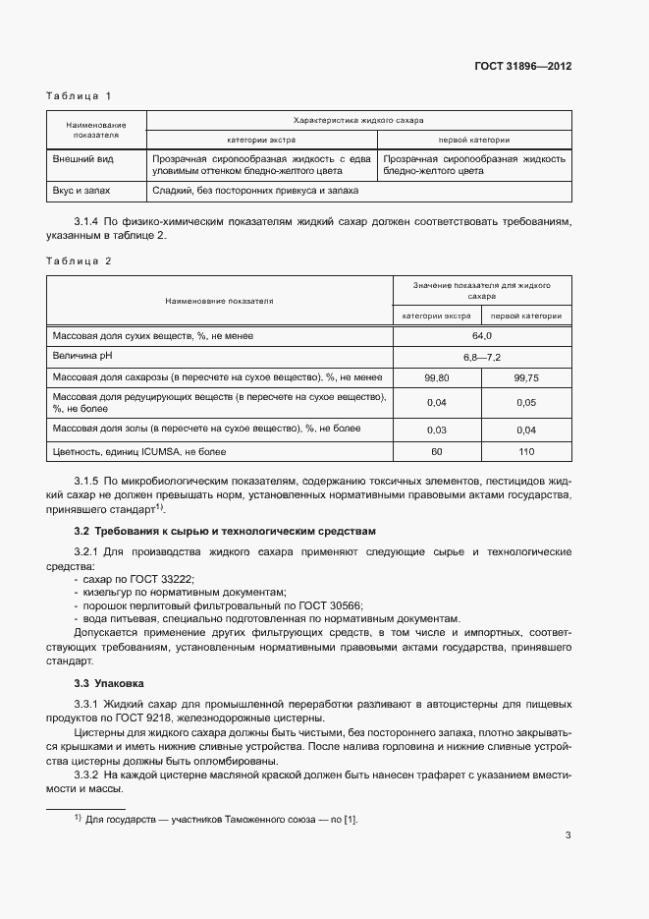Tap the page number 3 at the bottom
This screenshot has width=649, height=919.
coord(568,836)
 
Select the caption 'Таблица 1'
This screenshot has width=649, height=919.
coord(80,95)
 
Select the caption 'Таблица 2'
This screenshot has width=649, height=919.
coord(80,261)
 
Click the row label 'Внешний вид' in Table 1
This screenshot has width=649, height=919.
coord(81,158)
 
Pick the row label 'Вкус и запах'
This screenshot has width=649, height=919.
coord(83,191)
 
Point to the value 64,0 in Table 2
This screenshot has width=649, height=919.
coord(482,336)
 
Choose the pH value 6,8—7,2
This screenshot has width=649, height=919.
coord(482,357)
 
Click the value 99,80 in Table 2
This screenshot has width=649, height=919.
coord(437,377)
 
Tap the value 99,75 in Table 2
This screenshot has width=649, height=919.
coord(526,377)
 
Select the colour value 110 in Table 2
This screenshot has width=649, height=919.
coord(526,452)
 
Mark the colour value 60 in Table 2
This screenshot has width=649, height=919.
coord(437,452)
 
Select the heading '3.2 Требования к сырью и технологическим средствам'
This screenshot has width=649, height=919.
coord(225,531)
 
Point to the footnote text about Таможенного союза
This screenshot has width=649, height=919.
coord(221,818)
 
